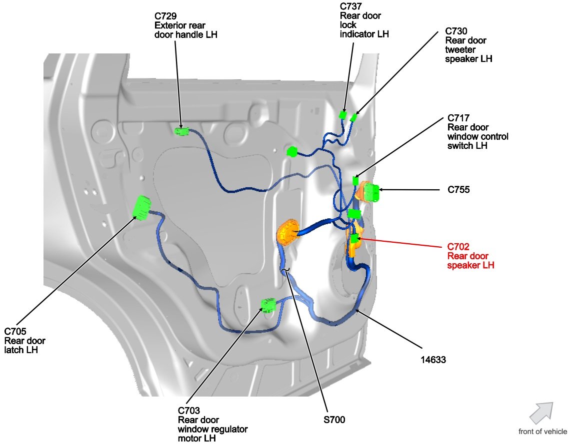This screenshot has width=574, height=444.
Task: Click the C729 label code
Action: pos(165,16)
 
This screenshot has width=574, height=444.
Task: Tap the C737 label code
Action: pos(351,6)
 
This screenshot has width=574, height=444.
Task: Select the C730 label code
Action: pos(456,31)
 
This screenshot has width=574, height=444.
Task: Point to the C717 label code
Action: pos(458,118)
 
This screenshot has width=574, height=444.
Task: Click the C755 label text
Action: pos(458,190)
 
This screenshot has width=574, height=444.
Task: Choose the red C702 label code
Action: pos(458,247)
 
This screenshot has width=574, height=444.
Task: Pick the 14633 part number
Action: pos(433,358)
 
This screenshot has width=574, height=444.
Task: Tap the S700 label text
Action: pos(333,420)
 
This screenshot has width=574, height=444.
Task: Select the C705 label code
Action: pos(15,331)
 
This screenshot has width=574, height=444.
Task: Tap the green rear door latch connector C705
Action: pos(141,207)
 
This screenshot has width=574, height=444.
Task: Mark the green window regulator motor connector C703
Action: pos(268,304)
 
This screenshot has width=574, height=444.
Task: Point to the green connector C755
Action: pos(371,192)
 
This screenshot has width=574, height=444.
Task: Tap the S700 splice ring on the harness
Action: pos(285,271)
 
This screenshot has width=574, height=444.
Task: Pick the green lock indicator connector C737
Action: pos(343,115)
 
